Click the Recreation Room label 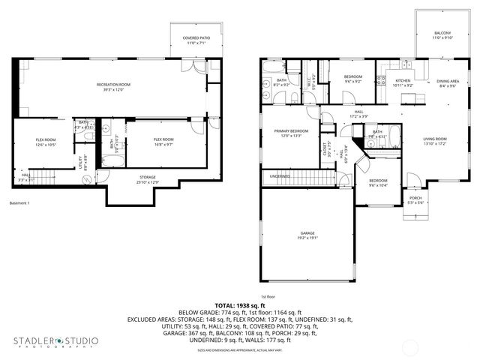(113, 86)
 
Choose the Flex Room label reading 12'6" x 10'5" (46, 142)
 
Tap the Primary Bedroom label (286, 133)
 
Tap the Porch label (415, 200)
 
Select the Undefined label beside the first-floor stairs (279, 177)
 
